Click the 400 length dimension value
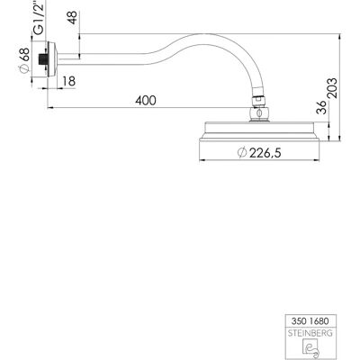point(146,100)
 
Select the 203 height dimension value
point(332,88)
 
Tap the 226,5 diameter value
point(265,153)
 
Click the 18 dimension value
point(69,81)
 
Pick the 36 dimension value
point(321,107)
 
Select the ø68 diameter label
point(24,60)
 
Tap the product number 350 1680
point(310,321)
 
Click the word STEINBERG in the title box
point(310,333)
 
